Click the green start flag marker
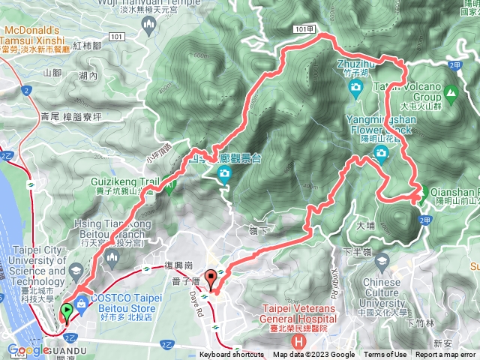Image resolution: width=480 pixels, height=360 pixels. tap(66, 309)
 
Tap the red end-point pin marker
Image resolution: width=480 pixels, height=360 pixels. tap(211, 277)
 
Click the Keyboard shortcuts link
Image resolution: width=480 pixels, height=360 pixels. tap(232, 355)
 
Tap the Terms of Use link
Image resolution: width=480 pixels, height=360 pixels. tap(385, 355)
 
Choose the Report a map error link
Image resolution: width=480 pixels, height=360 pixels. tap(445, 355)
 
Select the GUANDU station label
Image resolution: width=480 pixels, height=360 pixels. tap(75, 349)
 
